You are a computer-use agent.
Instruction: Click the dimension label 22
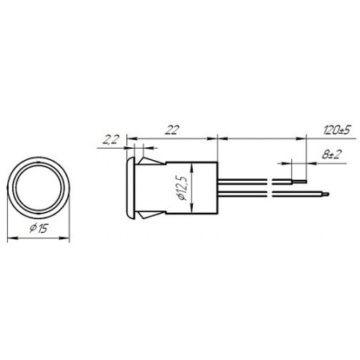click(171, 130)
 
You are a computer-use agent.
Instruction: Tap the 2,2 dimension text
click(110, 139)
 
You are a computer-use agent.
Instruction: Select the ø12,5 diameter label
click(183, 188)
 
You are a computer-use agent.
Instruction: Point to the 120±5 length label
click(336, 130)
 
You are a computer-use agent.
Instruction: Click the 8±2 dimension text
click(331, 154)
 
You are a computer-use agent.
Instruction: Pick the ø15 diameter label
click(39, 228)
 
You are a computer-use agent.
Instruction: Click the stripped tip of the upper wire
click(299, 182)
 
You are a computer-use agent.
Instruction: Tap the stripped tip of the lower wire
click(326, 194)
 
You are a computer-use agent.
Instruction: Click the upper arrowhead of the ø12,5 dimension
click(192, 168)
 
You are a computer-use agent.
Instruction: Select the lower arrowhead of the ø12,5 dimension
click(192, 209)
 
